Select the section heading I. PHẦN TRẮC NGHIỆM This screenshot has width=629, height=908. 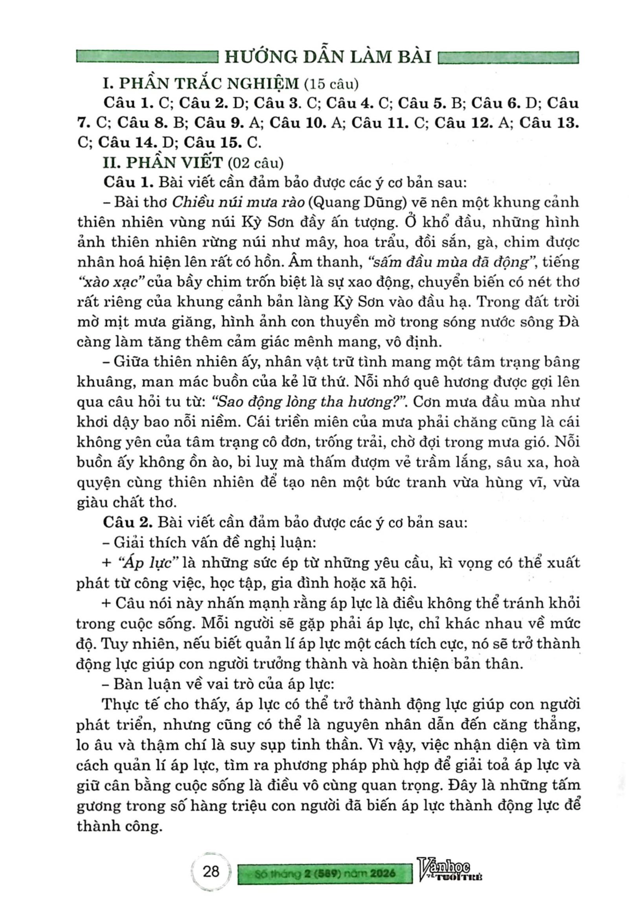pyautogui.click(x=200, y=84)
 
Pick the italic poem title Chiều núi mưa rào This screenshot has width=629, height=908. pyautogui.click(x=238, y=202)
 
